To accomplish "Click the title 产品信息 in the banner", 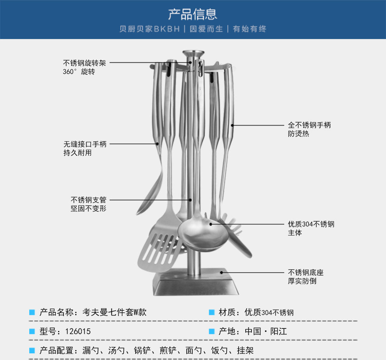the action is [x=193, y=14].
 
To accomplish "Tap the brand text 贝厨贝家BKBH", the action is [x=150, y=29].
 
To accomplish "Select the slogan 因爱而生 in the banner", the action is [x=206, y=29].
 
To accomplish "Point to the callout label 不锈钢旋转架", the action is [x=85, y=63].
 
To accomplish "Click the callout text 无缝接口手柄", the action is [x=85, y=144].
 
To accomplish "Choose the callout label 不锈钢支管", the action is [x=89, y=200].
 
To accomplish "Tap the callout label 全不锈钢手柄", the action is [x=310, y=125].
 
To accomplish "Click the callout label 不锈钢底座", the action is [x=306, y=272].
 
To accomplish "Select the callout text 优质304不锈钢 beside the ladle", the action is [x=311, y=224].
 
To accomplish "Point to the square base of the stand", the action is [x=195, y=282].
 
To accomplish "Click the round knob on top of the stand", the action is [x=193, y=53].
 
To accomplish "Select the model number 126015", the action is [x=78, y=332].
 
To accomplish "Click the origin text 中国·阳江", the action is [x=266, y=332].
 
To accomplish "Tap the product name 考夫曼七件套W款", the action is [x=115, y=312].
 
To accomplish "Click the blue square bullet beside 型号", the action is [x=32, y=332].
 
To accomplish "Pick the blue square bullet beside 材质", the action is [x=211, y=312].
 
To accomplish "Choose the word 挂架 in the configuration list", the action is [x=245, y=350].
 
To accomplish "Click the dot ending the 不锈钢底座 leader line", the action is [x=221, y=273].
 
